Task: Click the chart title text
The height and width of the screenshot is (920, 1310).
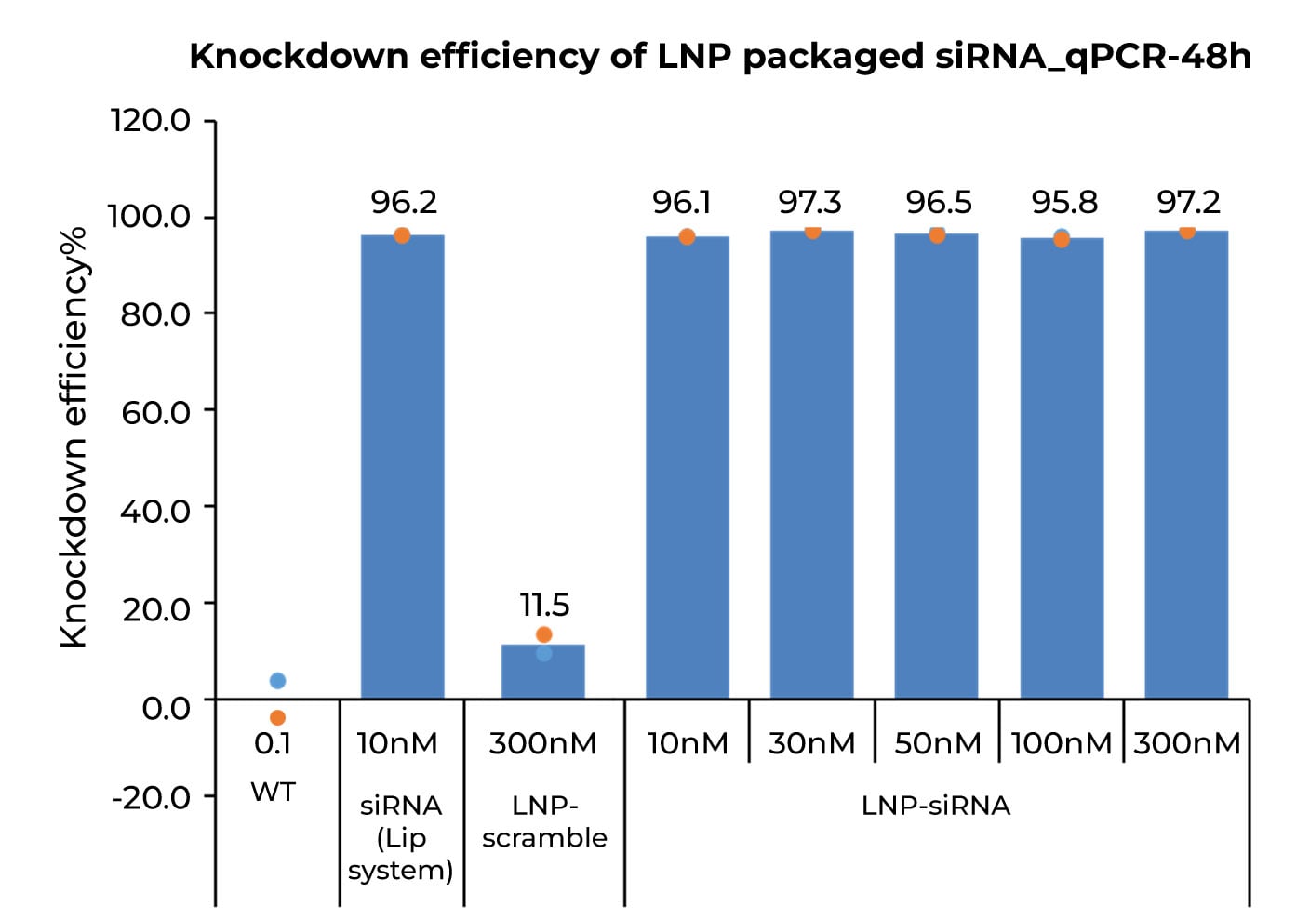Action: click(719, 57)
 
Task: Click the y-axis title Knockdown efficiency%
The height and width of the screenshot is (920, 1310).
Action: click(74, 436)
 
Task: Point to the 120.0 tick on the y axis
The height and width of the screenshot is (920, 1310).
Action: click(150, 121)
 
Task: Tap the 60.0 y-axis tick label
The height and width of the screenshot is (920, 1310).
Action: click(155, 411)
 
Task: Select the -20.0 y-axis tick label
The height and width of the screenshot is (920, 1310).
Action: click(151, 797)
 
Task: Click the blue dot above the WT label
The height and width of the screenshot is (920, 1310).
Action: click(277, 681)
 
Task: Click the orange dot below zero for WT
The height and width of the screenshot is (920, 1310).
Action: click(277, 717)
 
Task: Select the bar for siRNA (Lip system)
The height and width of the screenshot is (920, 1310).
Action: click(402, 465)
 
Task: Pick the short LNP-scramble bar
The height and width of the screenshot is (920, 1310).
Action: click(543, 672)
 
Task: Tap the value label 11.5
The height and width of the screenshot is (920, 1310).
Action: click(544, 605)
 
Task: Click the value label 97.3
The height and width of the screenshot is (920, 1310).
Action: click(809, 202)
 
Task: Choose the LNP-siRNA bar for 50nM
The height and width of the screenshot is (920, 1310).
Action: click(936, 465)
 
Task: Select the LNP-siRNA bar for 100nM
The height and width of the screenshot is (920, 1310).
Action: click(1062, 465)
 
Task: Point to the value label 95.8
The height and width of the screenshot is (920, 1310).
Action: click(1064, 202)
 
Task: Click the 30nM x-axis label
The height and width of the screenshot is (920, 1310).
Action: click(811, 743)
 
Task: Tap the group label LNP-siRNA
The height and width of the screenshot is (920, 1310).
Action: click(935, 805)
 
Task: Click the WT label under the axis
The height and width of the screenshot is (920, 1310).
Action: click(274, 792)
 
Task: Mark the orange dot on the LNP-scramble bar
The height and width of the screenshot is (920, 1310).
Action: click(544, 634)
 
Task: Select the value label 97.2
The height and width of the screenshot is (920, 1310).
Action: click(1188, 202)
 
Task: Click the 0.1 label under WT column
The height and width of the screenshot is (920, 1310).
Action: click(273, 743)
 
